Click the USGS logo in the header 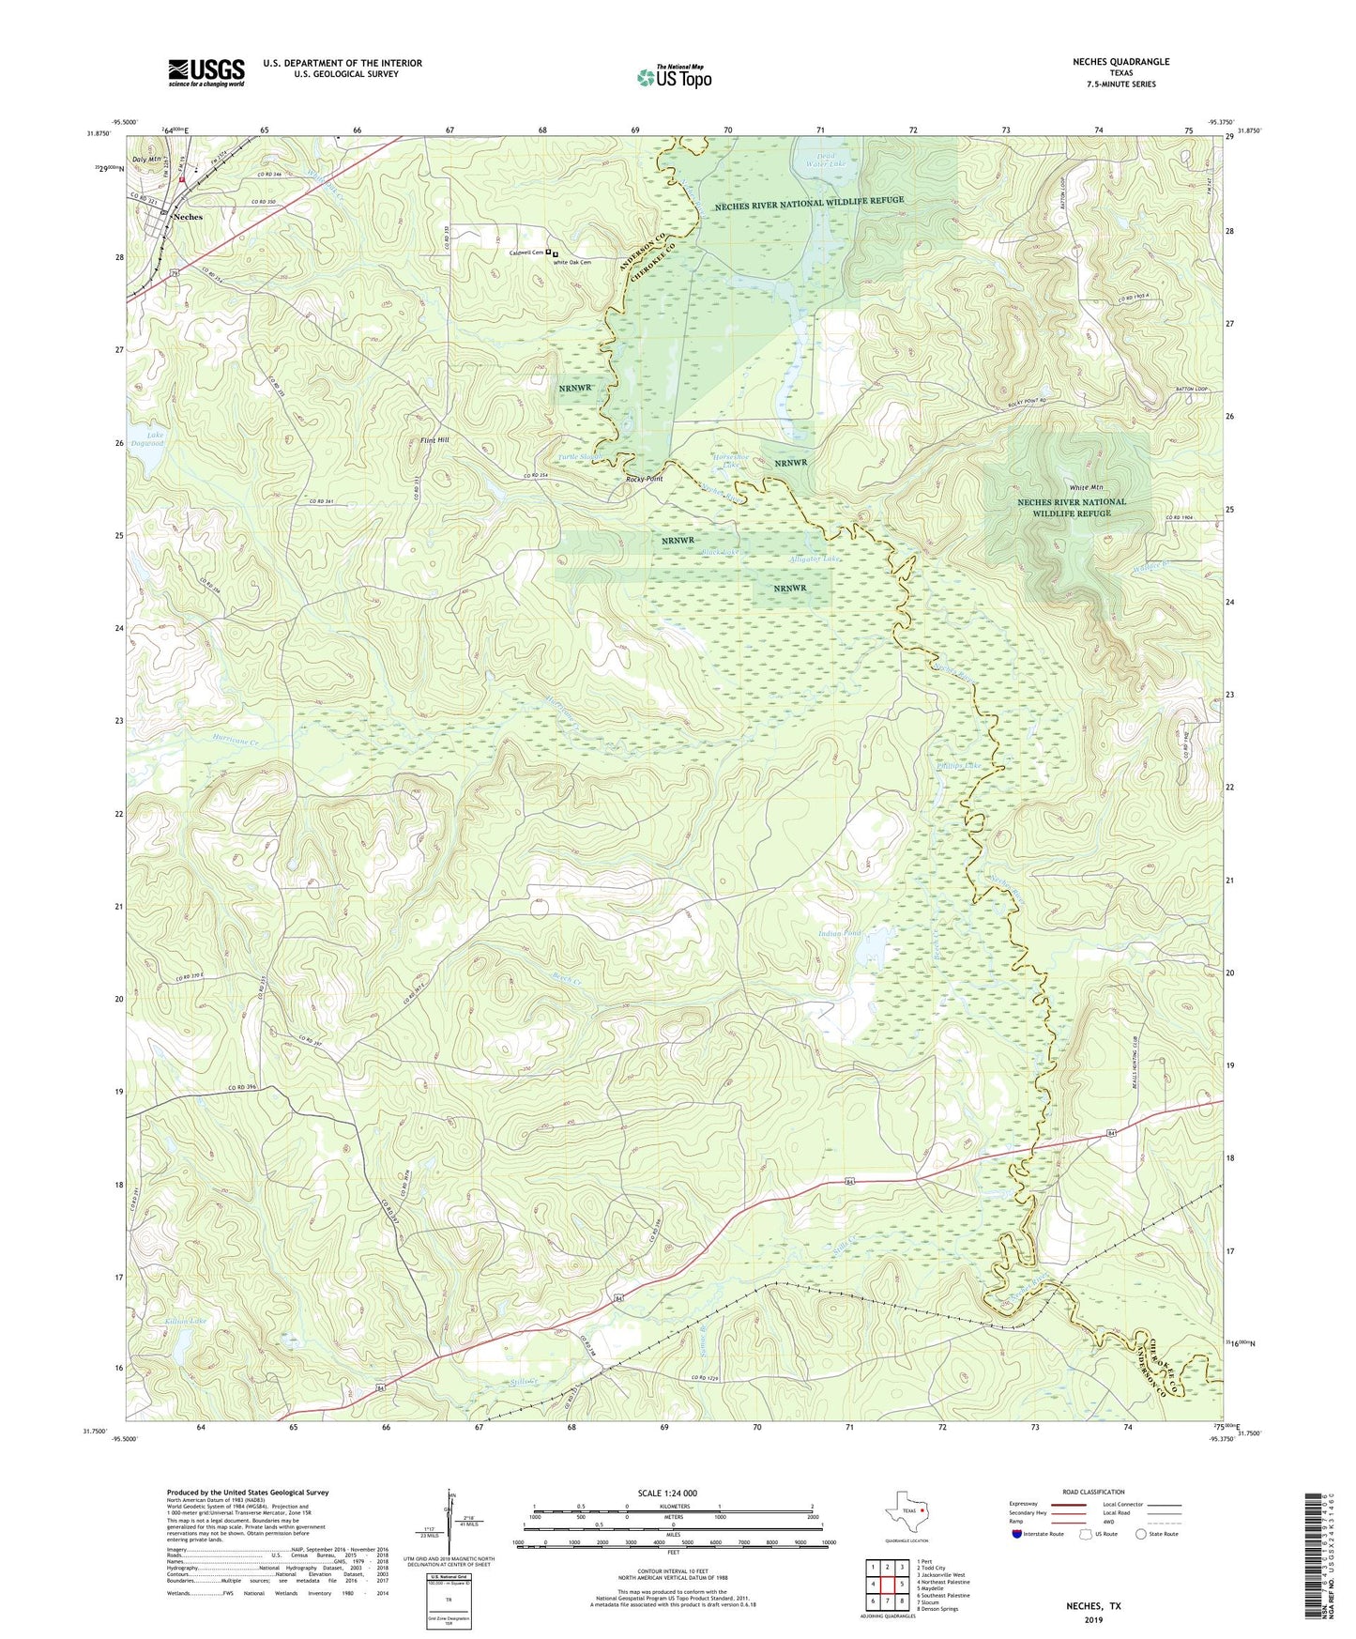coord(206,72)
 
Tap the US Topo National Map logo coord(674,77)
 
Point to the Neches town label coord(188,217)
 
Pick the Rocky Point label coord(645,479)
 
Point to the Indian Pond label coord(839,933)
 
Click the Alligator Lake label coord(815,559)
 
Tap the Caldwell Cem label coord(526,253)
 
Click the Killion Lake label coord(185,1321)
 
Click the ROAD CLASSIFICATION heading coord(1093,1492)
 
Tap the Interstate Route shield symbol coord(1017,1535)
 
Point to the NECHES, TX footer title coord(1093,1606)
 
